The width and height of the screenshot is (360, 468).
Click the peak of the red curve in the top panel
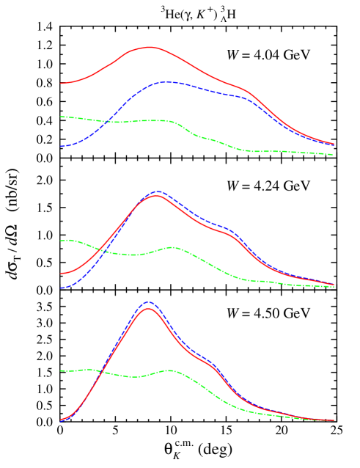click(x=150, y=47)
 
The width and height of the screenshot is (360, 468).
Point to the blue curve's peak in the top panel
click(x=167, y=82)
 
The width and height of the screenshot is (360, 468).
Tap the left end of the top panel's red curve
click(x=61, y=84)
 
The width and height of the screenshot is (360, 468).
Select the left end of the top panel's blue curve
click(x=61, y=147)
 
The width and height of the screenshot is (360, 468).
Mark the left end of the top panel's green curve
click(x=61, y=117)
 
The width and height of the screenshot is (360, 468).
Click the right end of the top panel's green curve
click(x=333, y=155)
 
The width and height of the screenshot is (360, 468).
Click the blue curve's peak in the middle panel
click(x=158, y=191)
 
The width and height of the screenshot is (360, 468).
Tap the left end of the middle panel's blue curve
click(x=61, y=288)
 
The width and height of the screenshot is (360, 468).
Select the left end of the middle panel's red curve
click(x=61, y=274)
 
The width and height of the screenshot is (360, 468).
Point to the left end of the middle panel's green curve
click(x=61, y=241)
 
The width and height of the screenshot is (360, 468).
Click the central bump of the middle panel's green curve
click(x=171, y=248)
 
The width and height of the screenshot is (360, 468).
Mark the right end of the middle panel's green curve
click(x=334, y=287)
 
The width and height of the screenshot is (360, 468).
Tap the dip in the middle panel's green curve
click(x=135, y=255)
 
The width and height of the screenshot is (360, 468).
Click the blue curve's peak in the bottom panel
click(x=149, y=301)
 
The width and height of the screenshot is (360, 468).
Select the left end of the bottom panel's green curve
click(x=61, y=371)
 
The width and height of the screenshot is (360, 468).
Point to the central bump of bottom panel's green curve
click(x=170, y=370)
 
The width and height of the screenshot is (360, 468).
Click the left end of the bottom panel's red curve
click(x=61, y=420)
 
